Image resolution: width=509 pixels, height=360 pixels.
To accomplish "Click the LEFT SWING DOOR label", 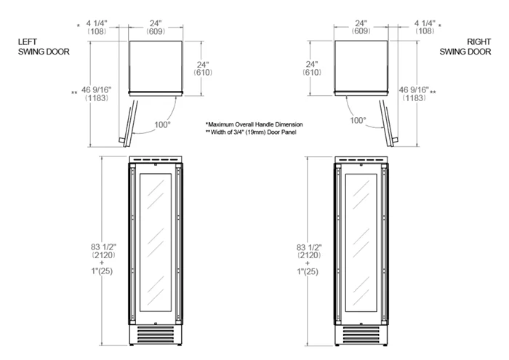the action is (x=44, y=47).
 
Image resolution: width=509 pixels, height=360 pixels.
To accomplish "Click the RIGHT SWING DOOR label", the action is (x=465, y=47).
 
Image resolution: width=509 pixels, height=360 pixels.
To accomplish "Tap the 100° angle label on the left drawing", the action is (x=162, y=124).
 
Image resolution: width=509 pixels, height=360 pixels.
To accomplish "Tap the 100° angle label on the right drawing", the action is (x=358, y=121).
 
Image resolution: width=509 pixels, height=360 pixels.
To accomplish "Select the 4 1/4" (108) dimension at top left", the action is (x=97, y=27).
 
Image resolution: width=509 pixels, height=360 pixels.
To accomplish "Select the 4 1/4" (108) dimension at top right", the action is (x=425, y=27).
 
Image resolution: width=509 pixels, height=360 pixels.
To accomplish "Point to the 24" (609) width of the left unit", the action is (x=156, y=27).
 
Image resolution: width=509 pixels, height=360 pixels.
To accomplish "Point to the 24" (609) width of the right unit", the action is (x=361, y=27).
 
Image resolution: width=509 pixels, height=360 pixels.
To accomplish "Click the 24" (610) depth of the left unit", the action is (x=203, y=68).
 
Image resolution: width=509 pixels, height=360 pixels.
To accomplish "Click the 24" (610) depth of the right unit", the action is (x=312, y=68).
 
